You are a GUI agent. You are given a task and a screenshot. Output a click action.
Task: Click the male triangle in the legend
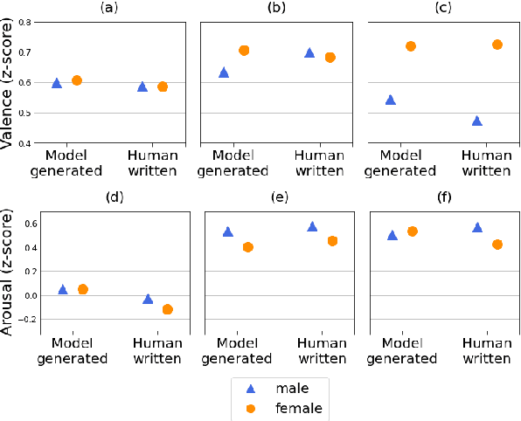pos(251,388)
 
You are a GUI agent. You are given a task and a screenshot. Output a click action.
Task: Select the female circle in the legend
pos(251,407)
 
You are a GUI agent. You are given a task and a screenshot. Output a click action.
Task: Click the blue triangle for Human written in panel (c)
pos(477,121)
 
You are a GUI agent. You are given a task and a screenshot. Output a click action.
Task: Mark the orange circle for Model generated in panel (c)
pos(411,45)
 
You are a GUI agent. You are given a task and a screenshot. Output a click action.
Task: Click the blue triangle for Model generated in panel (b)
pos(224,72)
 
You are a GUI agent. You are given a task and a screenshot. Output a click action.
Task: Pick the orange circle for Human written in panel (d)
pos(168,309)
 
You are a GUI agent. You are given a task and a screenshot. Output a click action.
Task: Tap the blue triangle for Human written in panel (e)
pos(313,226)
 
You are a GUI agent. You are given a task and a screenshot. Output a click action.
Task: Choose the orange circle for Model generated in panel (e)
pos(248,247)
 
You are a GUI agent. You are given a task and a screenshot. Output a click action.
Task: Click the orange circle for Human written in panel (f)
pos(497,245)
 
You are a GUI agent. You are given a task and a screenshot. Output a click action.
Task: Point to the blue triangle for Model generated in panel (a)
pos(57,83)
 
